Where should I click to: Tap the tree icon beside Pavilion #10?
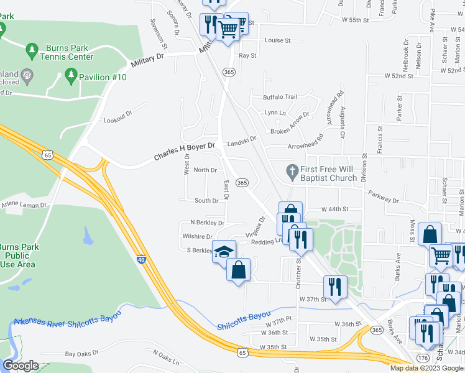click(70, 76)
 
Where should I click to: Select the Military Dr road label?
click(147, 60)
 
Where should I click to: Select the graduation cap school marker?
click(223, 252)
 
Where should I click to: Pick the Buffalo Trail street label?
click(280, 97)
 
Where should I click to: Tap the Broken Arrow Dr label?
click(290, 124)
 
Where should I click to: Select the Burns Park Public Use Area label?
click(19, 256)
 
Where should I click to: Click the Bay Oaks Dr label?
click(82, 354)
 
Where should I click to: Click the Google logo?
click(21, 366)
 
